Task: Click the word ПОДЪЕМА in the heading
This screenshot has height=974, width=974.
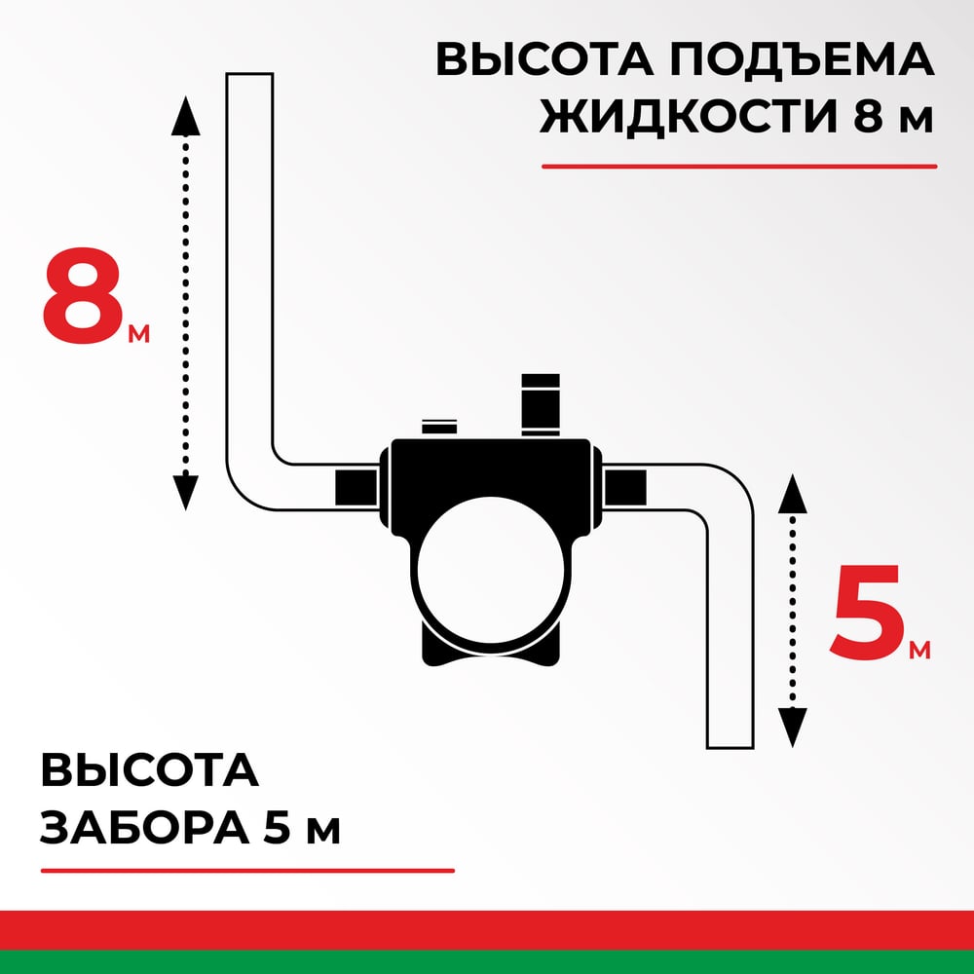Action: coord(802,59)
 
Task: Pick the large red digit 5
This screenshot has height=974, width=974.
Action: coord(867,612)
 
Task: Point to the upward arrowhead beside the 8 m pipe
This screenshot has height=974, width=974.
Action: coord(185,116)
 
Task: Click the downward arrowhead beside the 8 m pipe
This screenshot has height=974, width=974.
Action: coord(185,493)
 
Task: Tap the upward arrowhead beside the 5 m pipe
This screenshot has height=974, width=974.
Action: coord(792,494)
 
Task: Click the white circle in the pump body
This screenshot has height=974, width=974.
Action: coord(491,569)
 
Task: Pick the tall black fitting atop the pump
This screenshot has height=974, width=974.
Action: coord(541,404)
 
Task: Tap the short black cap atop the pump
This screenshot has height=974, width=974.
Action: coord(439,428)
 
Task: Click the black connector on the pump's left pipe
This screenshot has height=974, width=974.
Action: coord(356,487)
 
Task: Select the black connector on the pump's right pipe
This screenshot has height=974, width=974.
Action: coord(625,487)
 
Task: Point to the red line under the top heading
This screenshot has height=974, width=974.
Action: coord(739,167)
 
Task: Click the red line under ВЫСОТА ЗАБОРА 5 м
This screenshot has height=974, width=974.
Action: coord(247,870)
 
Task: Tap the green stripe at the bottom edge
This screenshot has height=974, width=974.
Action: coord(487,962)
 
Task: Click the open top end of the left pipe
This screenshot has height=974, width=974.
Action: coord(249,75)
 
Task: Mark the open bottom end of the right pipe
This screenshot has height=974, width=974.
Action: coord(730,747)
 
